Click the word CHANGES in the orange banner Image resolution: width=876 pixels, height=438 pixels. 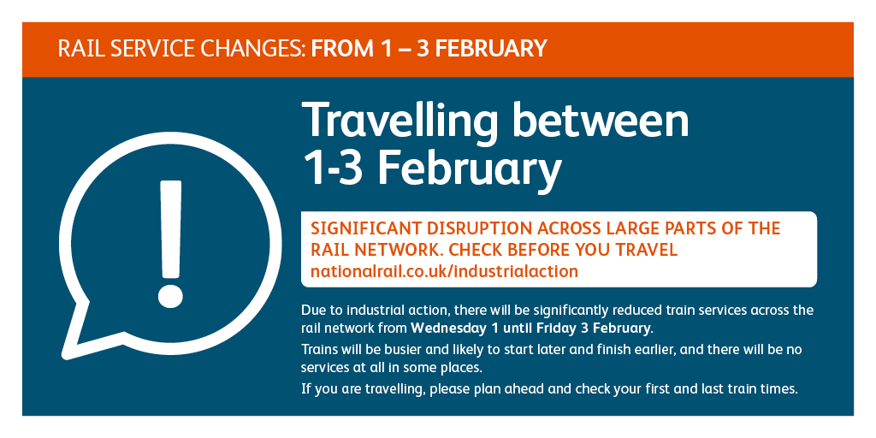click(252, 49)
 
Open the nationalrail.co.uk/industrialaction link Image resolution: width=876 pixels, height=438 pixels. click(444, 271)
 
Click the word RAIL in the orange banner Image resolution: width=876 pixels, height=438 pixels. click(74, 49)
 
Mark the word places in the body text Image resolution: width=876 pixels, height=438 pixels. click(463, 370)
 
